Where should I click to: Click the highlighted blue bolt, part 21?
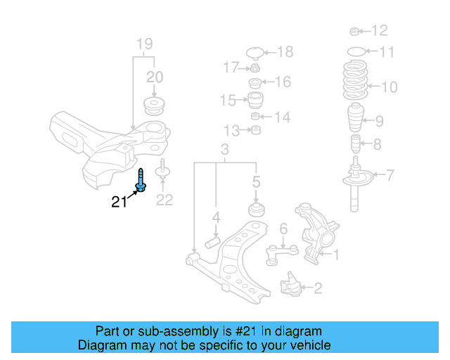pyautogui.click(x=141, y=181)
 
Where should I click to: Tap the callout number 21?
pyautogui.click(x=120, y=202)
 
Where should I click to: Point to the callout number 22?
pyautogui.click(x=164, y=200)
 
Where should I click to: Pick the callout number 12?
pyautogui.click(x=379, y=30)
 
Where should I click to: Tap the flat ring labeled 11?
pyautogui.click(x=357, y=51)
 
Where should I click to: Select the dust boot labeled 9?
pyautogui.click(x=356, y=120)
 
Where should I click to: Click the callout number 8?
pyautogui.click(x=378, y=146)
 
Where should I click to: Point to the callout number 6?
pyautogui.click(x=283, y=228)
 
